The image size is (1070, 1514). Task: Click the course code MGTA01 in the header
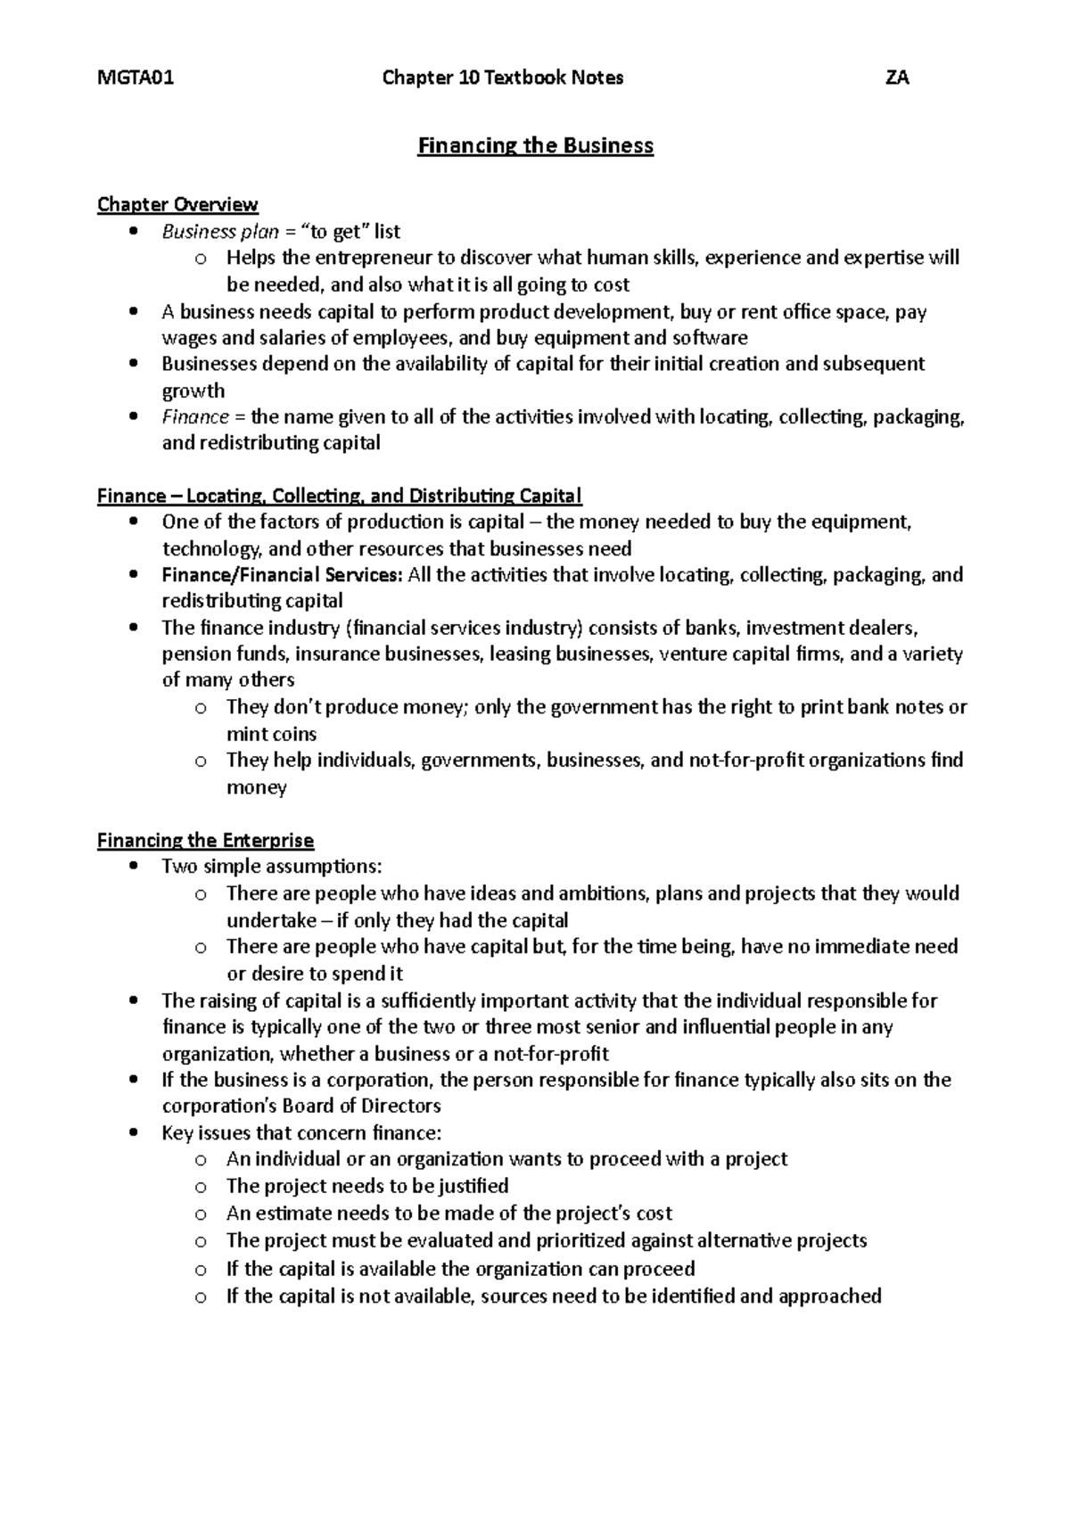pos(136,78)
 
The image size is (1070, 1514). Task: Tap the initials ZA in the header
pos(896,78)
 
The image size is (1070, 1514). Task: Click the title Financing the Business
pos(535,145)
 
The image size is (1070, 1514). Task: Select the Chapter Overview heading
pos(177,205)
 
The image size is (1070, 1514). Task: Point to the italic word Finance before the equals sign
pos(195,416)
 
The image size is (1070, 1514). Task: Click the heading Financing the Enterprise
pos(205,840)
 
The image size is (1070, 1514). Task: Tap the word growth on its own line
pos(193,391)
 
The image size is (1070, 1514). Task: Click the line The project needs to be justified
pos(366,1186)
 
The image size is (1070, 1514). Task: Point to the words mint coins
pos(271,734)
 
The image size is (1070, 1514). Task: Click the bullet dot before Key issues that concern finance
pos(133,1133)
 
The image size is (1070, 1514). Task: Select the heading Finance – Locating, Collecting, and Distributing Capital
pos(339,496)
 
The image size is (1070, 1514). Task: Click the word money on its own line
pos(256,787)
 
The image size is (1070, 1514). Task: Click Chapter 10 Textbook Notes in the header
pos(502,78)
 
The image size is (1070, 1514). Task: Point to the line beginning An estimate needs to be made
pos(449,1214)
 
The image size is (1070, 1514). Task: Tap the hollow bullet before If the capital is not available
pos(201,1297)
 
